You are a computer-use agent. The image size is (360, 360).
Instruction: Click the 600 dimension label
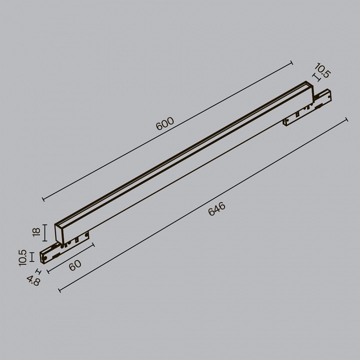coord(165,123)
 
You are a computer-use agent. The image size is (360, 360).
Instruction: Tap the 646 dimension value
coord(217,209)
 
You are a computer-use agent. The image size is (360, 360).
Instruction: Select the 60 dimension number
coord(75,265)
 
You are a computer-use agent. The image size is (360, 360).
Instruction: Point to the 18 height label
coord(35,232)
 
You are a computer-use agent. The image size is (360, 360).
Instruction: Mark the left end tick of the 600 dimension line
coord(43,199)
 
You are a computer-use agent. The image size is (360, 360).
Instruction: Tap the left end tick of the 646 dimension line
coord(59,289)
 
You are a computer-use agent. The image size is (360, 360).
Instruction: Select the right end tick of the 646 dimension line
coord(346,119)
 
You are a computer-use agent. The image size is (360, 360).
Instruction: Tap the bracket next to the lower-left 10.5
coord(32,256)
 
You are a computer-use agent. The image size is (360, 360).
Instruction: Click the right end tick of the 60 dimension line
coord(93,244)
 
